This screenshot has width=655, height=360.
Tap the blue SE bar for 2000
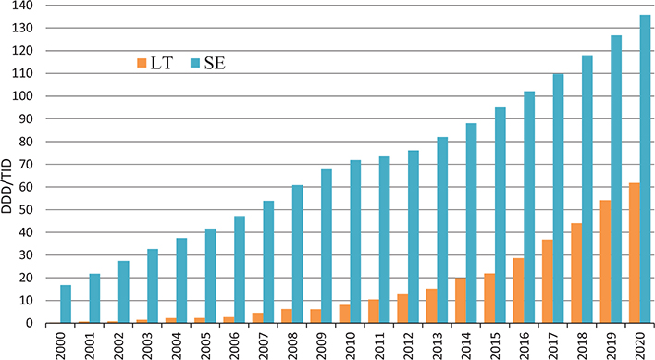(x=66, y=304)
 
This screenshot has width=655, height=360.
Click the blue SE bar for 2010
(x=354, y=242)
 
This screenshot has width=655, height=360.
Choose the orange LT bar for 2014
(x=460, y=301)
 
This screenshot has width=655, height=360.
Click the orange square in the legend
(x=141, y=64)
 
